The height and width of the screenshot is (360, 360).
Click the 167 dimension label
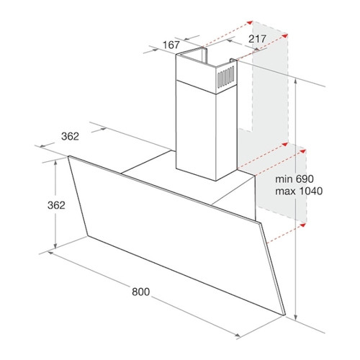point(171,45)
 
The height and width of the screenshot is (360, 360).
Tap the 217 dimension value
point(257,39)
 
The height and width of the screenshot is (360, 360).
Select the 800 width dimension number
point(141,292)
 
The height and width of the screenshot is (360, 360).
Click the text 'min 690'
point(294,179)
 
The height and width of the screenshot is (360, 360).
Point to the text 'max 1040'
point(299,192)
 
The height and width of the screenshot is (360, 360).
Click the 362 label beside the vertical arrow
point(56,205)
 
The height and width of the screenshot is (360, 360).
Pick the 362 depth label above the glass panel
point(70,136)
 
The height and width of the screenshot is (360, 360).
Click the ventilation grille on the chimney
point(225,77)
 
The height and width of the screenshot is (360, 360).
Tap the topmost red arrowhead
point(250,22)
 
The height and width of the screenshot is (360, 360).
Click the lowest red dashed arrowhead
point(303,225)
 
